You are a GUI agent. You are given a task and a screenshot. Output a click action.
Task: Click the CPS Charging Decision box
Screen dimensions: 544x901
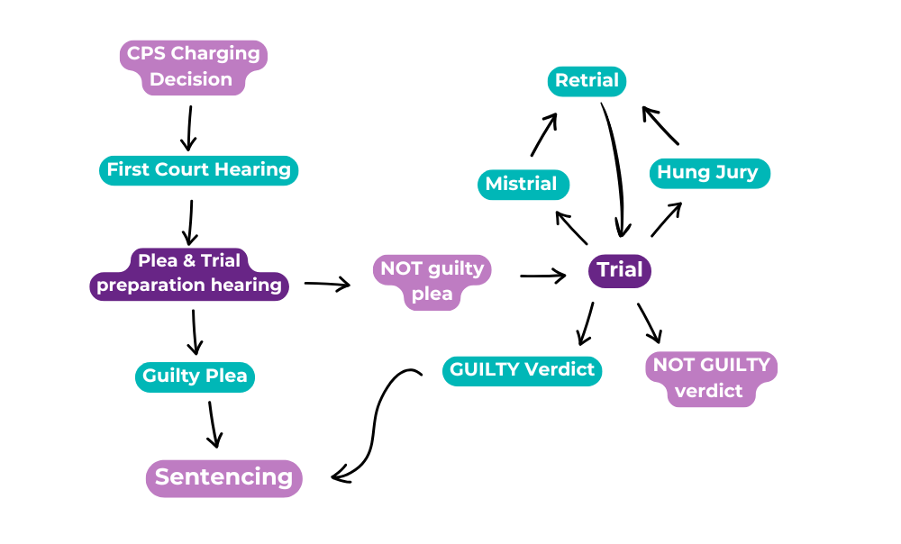[x=192, y=67]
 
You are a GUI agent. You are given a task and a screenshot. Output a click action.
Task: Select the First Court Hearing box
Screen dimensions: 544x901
[x=198, y=170]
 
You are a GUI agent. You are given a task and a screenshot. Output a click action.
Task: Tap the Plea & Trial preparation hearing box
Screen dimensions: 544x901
[x=189, y=274]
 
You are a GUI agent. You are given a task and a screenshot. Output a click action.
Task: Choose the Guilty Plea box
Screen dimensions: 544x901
[x=195, y=376]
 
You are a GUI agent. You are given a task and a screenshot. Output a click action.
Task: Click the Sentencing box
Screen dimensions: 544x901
[x=224, y=477]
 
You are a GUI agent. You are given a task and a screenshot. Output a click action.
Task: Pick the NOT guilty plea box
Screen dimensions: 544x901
[x=432, y=281]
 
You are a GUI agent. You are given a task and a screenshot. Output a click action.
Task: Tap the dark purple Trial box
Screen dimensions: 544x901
[x=620, y=270]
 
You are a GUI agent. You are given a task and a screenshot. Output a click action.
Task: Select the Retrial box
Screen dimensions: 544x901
[x=587, y=81]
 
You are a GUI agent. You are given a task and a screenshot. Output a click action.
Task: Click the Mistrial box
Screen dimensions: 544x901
[x=522, y=185]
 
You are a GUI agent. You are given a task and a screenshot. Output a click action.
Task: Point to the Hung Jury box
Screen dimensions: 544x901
[x=708, y=173]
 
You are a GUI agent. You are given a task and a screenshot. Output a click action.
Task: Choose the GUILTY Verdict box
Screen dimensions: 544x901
[x=522, y=369]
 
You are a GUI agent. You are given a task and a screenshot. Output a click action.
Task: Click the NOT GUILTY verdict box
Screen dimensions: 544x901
[x=711, y=378]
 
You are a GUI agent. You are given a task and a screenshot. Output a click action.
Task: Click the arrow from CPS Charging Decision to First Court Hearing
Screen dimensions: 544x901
[x=188, y=129]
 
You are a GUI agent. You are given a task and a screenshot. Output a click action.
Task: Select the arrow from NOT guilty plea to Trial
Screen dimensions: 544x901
[x=542, y=276]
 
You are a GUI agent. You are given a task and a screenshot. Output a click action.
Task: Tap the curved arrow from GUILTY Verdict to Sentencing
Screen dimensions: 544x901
[x=374, y=423]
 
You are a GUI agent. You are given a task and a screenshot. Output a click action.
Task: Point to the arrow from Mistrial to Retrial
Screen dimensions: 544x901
[x=544, y=135]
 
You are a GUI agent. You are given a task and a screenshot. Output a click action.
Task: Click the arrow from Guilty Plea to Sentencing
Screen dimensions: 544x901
[x=213, y=423]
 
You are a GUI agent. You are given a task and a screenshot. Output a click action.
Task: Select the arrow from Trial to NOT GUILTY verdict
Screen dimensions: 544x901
[x=650, y=322]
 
